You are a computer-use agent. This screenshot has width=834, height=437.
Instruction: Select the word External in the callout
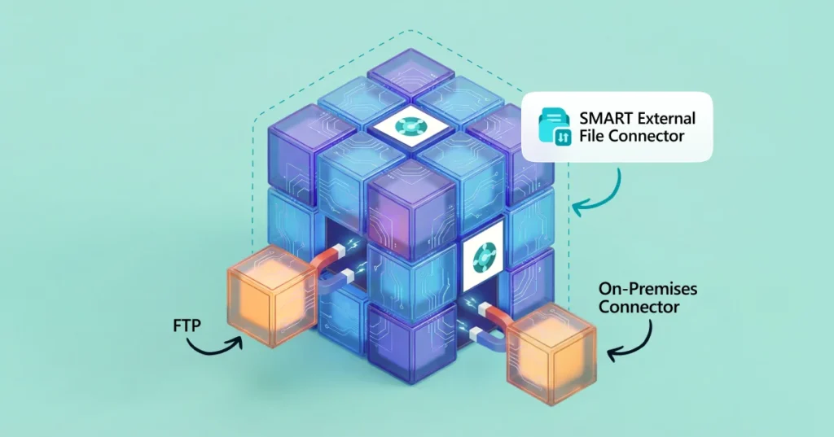(x=665, y=119)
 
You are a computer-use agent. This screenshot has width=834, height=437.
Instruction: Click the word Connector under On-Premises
(x=640, y=308)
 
